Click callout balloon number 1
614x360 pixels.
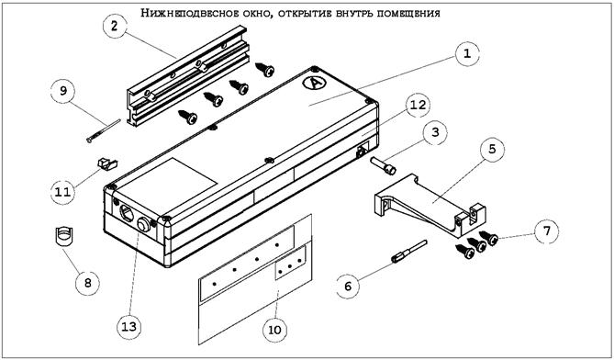(x=466, y=55)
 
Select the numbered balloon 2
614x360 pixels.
(x=115, y=27)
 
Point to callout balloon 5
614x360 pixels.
(x=492, y=149)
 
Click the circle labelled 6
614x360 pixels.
(x=349, y=286)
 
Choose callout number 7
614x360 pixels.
(x=546, y=232)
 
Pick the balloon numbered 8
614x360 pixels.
(x=87, y=283)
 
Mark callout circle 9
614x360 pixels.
(x=63, y=91)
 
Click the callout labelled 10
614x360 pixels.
(x=274, y=330)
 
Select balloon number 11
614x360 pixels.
(x=63, y=192)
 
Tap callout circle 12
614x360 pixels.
(x=418, y=106)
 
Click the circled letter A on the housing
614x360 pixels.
(x=313, y=84)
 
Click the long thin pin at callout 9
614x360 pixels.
(x=104, y=130)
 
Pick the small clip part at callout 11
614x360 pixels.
(x=106, y=164)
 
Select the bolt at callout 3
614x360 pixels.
(x=383, y=164)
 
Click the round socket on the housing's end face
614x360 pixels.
(x=144, y=225)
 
